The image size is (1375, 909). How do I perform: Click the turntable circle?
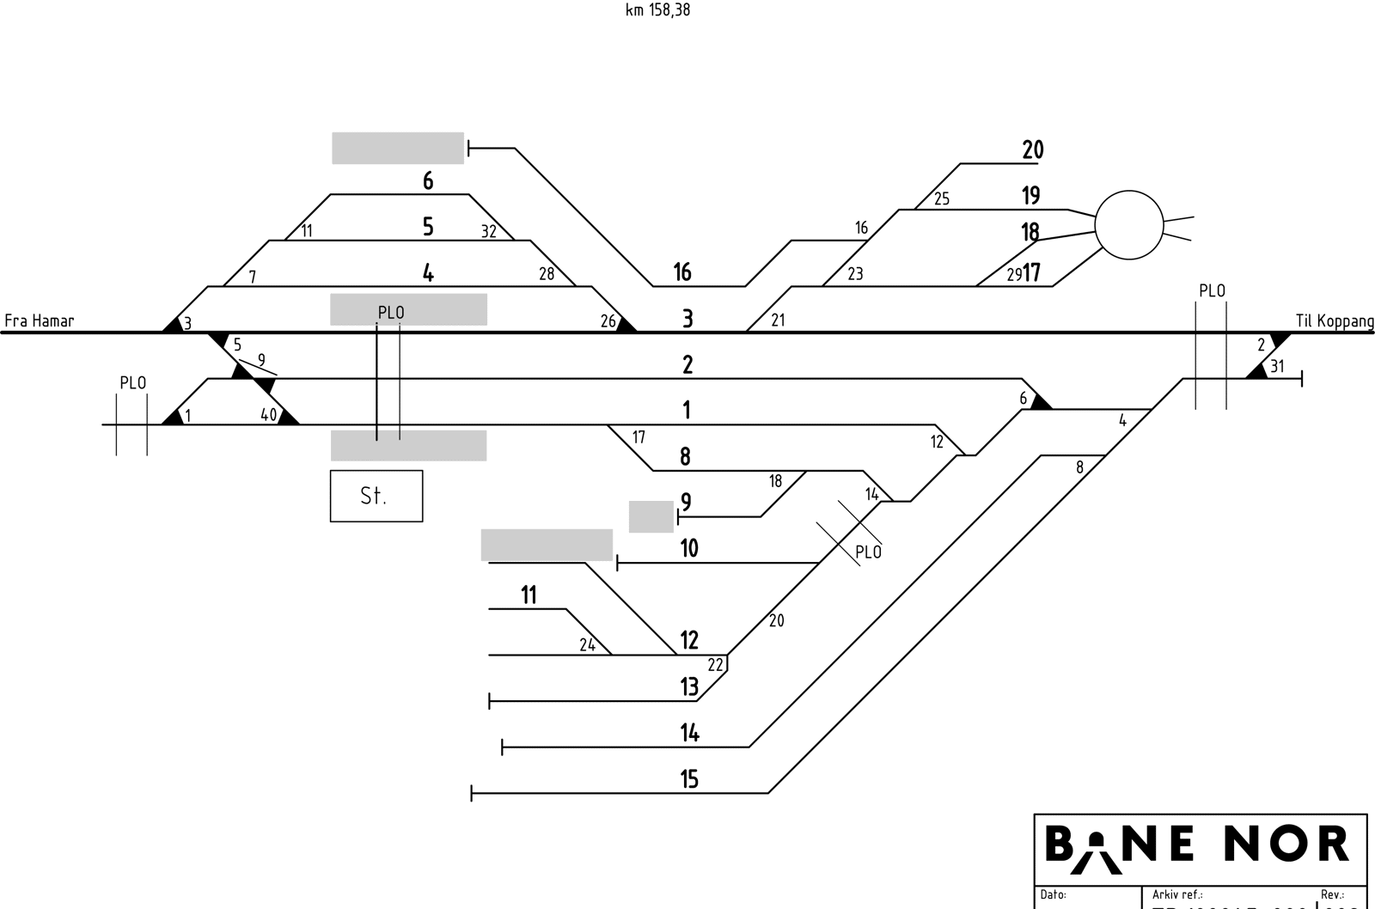click(1128, 225)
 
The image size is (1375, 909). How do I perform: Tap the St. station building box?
click(376, 496)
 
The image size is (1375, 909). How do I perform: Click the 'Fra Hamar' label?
click(40, 321)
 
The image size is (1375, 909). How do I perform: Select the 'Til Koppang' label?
click(1335, 321)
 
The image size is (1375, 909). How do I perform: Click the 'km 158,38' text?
click(657, 10)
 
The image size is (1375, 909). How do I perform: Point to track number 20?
click(1032, 150)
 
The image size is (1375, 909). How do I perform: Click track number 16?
click(682, 272)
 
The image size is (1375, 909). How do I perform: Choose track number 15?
click(689, 779)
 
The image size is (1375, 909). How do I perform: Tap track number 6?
click(428, 181)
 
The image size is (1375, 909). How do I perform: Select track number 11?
click(529, 595)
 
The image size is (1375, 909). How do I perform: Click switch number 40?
click(269, 415)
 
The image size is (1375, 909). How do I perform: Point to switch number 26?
click(608, 322)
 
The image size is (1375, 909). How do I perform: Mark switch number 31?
click(1277, 367)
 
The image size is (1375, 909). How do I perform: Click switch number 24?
click(587, 645)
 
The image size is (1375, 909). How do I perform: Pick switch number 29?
click(1014, 275)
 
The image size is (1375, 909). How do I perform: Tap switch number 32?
click(488, 231)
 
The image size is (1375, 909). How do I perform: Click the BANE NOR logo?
click(1197, 845)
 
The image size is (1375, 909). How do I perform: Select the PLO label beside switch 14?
click(868, 552)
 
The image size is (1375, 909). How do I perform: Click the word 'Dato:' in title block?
click(1053, 895)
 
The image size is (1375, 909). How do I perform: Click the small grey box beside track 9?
click(651, 516)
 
